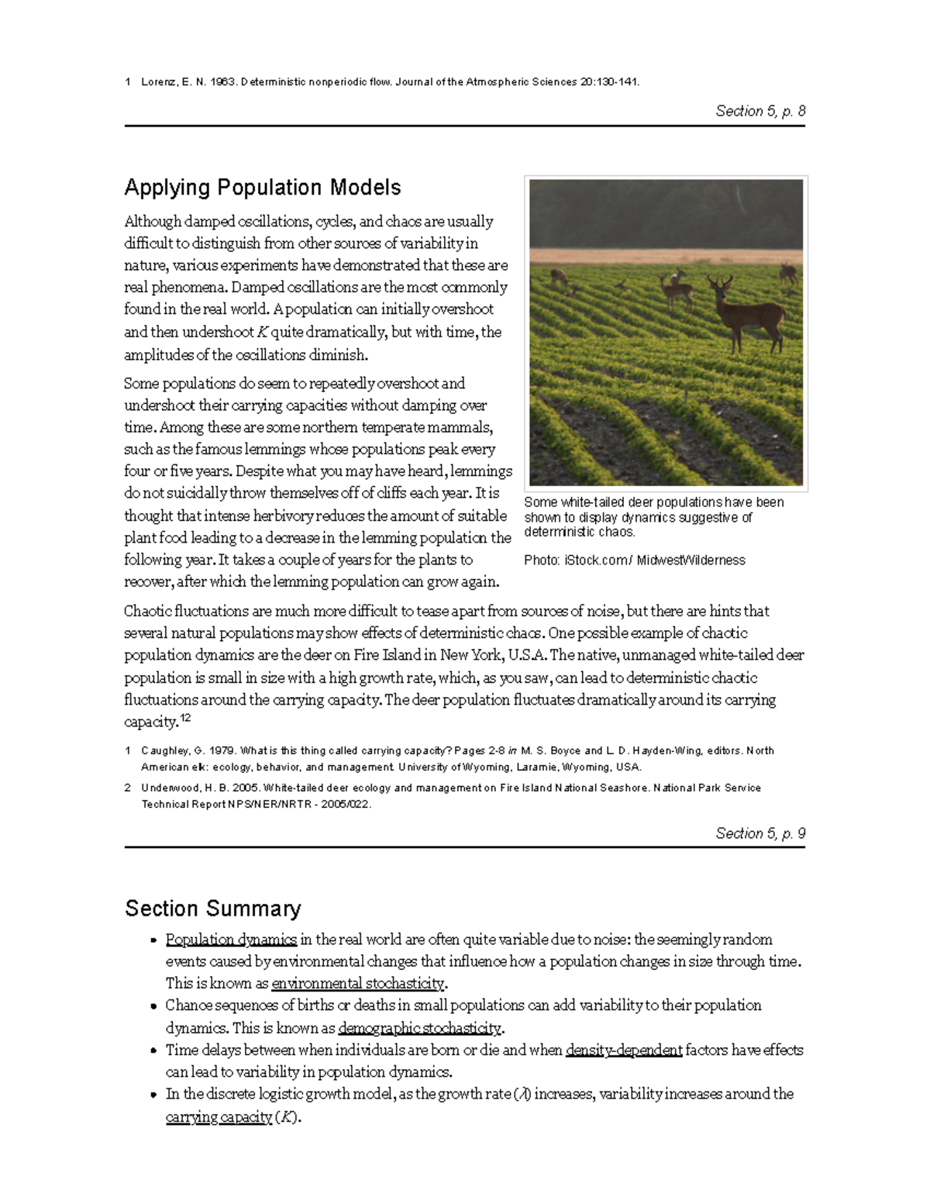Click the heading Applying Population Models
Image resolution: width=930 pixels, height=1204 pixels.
(x=263, y=188)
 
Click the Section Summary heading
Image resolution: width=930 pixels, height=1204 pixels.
(x=213, y=909)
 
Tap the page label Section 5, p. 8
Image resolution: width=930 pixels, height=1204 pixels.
(x=760, y=111)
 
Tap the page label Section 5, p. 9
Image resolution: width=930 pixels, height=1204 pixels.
(x=760, y=833)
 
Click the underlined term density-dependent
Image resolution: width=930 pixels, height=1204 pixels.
(x=624, y=1050)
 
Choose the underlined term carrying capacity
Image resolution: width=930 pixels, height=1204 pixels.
(x=219, y=1117)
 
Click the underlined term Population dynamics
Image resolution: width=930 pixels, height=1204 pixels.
(x=231, y=940)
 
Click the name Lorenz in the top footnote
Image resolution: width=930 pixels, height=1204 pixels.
(x=158, y=82)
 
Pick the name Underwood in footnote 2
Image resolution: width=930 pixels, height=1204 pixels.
(x=169, y=788)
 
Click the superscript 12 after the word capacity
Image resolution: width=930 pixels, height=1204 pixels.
(x=185, y=718)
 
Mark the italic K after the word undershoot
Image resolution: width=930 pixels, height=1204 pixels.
(x=261, y=333)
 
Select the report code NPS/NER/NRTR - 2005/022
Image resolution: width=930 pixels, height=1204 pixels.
(x=299, y=805)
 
